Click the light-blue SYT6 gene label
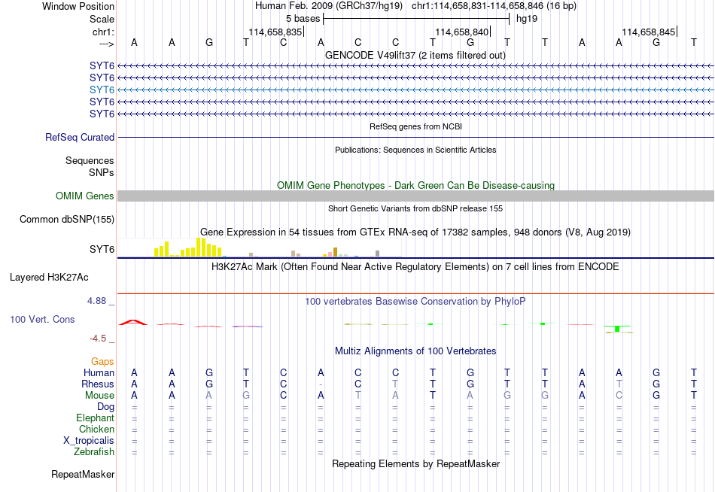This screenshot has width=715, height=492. click(102, 90)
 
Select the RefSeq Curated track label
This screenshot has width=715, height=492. click(80, 137)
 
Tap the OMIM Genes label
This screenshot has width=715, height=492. click(85, 196)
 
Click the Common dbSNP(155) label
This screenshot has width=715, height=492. click(67, 220)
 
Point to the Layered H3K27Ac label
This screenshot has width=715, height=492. click(49, 278)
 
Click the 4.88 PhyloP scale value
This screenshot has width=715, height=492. click(96, 301)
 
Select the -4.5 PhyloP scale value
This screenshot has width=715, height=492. click(98, 339)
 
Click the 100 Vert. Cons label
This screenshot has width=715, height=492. click(42, 319)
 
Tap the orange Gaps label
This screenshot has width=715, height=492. click(102, 362)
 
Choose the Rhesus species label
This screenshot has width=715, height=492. click(98, 384)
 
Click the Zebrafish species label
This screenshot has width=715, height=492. click(94, 452)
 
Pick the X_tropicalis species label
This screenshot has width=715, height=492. click(89, 441)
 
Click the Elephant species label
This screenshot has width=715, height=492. click(96, 418)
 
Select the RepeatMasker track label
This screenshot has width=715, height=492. click(83, 474)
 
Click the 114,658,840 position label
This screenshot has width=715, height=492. click(462, 32)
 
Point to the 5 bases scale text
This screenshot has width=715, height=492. click(303, 19)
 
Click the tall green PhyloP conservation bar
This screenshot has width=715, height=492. click(617, 329)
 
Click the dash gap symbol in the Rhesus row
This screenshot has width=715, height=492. click(321, 384)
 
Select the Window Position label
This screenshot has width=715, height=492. click(78, 6)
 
